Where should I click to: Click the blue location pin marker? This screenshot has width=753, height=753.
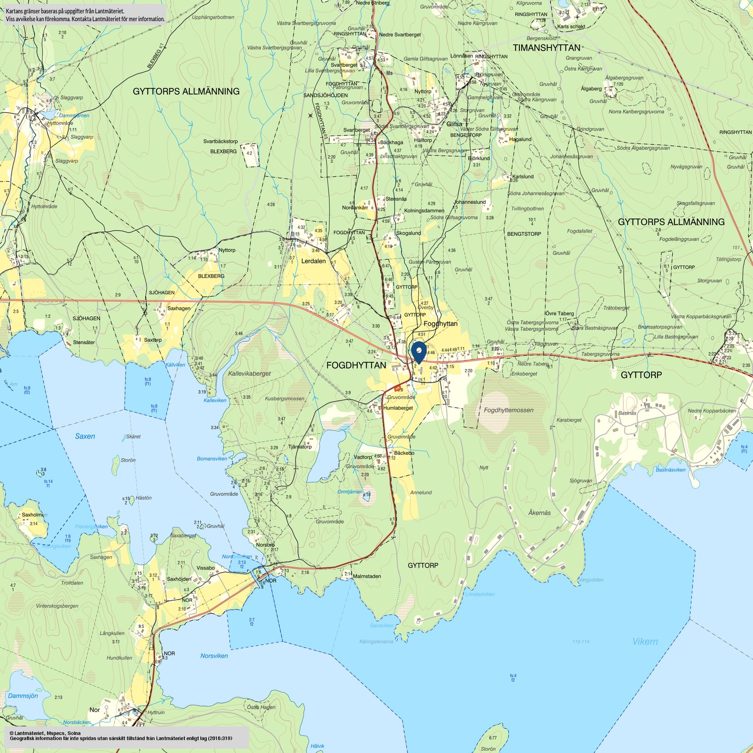[x=418, y=351]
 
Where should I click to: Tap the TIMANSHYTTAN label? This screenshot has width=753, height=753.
[x=546, y=48]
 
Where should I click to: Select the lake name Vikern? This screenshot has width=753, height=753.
[x=645, y=642]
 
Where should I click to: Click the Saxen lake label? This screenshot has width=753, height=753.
[x=85, y=436]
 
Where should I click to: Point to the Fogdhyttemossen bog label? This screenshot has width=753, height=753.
[x=508, y=410]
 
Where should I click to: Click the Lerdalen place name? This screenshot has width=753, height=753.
[x=314, y=261]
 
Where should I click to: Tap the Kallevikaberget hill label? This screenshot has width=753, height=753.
[x=249, y=373]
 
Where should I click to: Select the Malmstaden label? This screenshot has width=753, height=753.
[x=367, y=576]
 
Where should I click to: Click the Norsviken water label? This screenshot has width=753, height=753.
[x=214, y=656]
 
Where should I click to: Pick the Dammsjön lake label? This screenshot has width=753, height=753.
[x=23, y=696]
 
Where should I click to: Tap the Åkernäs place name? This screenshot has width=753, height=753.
[x=539, y=512]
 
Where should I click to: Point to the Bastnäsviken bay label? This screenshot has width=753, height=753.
[x=670, y=470]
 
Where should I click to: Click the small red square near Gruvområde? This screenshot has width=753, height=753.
[x=397, y=388]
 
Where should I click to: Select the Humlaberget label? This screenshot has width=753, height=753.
[x=398, y=408]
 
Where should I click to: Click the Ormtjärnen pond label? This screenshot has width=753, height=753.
[x=350, y=492]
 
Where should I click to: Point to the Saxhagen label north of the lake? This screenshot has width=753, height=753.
[x=179, y=309]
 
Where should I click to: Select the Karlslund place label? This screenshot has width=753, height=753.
[x=523, y=177]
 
